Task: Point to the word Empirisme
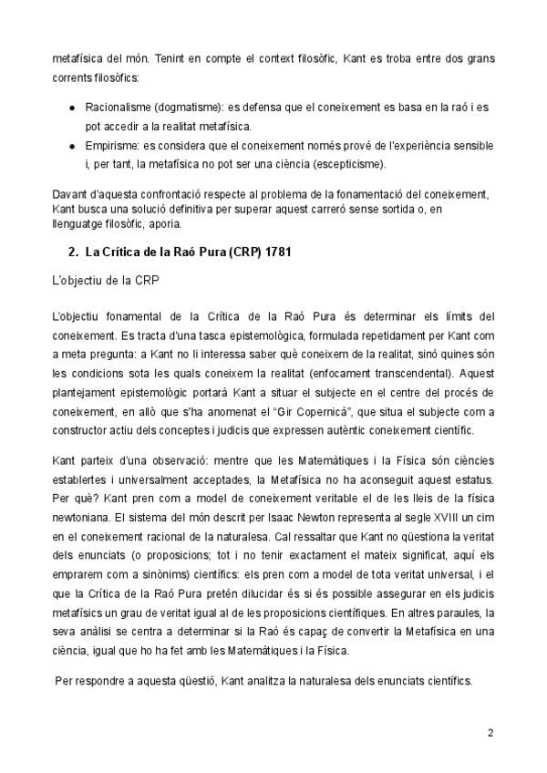pyautogui.click(x=112, y=145)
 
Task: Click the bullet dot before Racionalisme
pyautogui.click(x=73, y=107)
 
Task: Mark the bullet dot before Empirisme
pyautogui.click(x=73, y=145)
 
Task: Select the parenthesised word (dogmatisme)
pyautogui.click(x=191, y=107)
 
